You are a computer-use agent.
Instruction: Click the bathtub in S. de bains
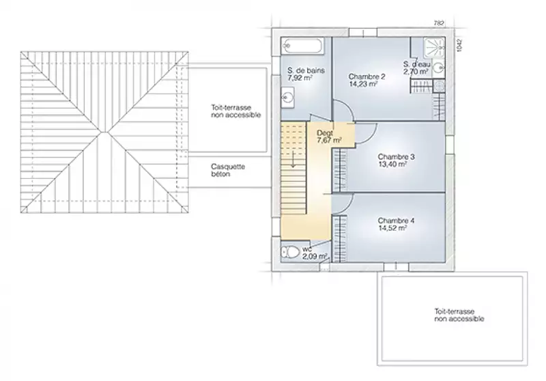302,46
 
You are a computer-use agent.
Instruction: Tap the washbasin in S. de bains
288,96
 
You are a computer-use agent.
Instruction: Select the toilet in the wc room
290,252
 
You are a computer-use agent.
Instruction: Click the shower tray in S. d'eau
434,47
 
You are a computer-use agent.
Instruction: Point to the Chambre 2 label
367,76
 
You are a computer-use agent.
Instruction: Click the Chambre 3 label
396,157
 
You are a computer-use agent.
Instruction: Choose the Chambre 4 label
396,221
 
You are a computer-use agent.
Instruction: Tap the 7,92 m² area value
300,78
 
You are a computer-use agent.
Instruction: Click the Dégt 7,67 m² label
329,137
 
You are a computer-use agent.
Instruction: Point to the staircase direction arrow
293,160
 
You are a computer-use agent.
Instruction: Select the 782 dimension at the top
439,23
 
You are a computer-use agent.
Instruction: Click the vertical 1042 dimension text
459,46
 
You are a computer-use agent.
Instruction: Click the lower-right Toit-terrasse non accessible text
459,315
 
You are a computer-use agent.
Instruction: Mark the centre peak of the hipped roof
104,132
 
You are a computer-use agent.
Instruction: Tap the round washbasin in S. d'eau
440,68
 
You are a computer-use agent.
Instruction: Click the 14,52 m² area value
392,229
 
